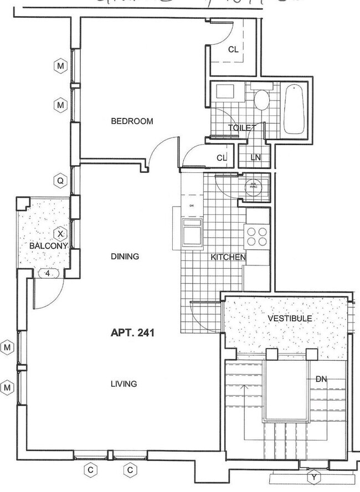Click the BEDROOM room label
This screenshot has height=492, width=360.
(132, 121)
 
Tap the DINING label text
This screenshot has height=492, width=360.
(125, 257)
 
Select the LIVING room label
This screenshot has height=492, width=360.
(124, 383)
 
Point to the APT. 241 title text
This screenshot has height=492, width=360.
(132, 333)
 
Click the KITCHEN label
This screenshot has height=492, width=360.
(228, 257)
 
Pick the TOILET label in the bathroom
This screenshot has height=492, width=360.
(242, 128)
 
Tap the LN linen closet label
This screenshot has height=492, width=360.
(255, 157)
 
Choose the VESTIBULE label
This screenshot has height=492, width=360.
(290, 319)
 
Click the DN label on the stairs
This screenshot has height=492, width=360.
(321, 379)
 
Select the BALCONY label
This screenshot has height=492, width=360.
(49, 245)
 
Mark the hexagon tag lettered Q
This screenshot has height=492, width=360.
(60, 180)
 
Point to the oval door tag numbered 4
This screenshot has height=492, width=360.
(48, 273)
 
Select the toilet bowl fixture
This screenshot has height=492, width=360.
(261, 100)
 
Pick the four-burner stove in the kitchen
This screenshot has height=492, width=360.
(257, 237)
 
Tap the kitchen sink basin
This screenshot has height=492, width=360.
(193, 232)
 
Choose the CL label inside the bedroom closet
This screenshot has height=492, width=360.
(233, 49)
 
